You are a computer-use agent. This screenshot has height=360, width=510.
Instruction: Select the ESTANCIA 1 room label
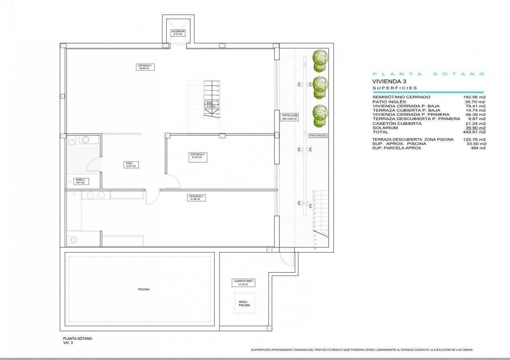pos(145,67)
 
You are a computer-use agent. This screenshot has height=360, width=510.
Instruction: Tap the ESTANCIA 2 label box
pos(198,156)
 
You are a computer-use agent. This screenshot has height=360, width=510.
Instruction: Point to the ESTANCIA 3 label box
pos(196,198)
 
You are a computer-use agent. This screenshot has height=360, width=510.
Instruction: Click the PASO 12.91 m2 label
pos(130,165)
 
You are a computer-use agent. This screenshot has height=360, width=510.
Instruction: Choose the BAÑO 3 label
pos(80,181)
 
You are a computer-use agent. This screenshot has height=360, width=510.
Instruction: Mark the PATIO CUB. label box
pos(290,117)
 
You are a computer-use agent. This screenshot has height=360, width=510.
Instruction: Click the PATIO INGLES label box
pos(318,135)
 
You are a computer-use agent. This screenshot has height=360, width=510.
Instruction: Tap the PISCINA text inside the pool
pos(144,289)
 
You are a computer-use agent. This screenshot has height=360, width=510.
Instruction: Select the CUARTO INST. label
pos(243,283)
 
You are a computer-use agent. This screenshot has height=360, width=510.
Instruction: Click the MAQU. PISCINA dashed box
pos(244,303)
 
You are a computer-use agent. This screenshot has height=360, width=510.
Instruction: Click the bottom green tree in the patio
pos(320,115)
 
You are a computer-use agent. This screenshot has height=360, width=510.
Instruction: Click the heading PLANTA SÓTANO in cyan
pos(428,74)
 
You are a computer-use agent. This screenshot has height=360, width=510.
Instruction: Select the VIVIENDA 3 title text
pos(389,82)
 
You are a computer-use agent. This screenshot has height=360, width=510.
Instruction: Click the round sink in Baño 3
pos(86,139)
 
